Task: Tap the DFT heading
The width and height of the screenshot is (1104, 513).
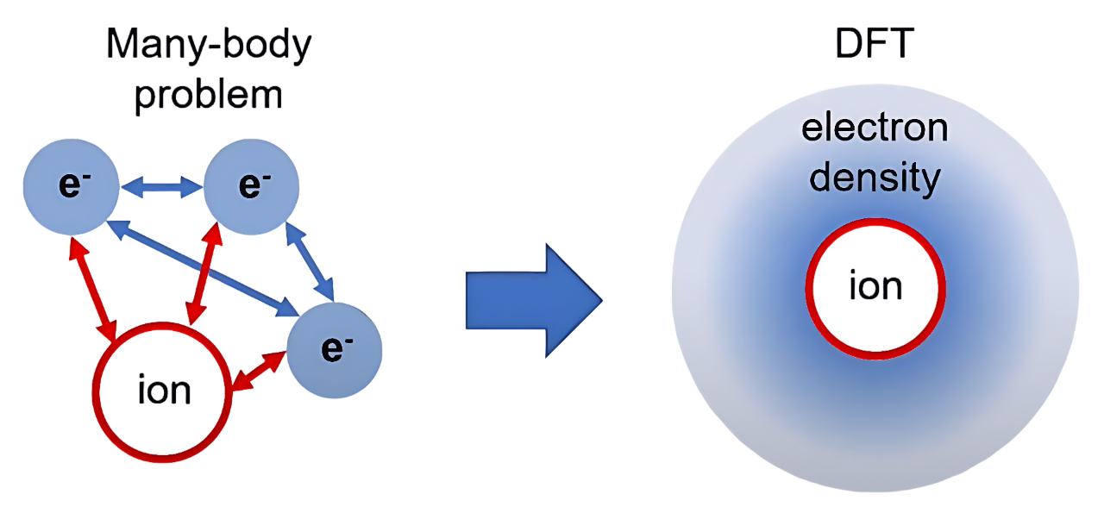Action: pos(874,46)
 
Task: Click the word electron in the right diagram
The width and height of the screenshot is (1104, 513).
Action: pos(875,129)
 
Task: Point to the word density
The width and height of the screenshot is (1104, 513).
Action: pos(875,178)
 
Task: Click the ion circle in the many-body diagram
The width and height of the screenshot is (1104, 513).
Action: pos(164,392)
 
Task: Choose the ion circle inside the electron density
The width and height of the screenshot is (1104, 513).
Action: pos(875,288)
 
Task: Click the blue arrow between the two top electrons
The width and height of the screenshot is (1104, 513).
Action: pos(161,186)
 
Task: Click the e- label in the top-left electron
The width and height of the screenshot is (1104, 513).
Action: pos(71,186)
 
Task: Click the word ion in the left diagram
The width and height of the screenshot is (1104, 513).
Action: pos(164,392)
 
